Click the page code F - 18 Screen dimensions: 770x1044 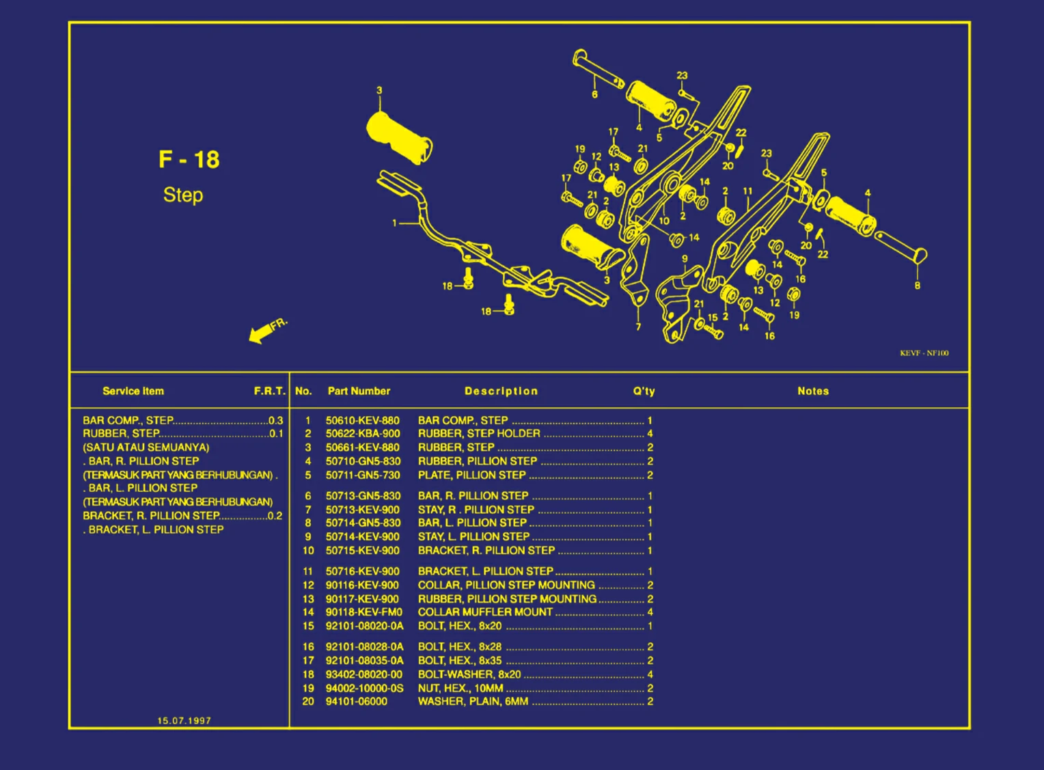[x=189, y=160]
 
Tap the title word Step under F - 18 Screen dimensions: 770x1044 [x=183, y=195]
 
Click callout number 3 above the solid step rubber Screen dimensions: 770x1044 [x=379, y=90]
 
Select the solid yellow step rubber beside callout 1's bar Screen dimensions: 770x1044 [x=398, y=137]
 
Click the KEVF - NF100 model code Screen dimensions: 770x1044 [x=924, y=353]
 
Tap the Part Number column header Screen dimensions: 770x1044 [x=359, y=391]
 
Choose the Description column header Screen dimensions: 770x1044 [x=501, y=391]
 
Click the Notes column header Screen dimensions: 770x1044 [x=812, y=391]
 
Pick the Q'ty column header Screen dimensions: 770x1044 [x=644, y=391]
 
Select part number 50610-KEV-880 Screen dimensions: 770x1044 [x=362, y=421]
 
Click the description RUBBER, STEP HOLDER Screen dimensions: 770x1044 [x=479, y=434]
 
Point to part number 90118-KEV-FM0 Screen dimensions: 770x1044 [x=363, y=612]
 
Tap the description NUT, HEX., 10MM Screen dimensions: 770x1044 [x=461, y=688]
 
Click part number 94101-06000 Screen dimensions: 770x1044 [x=356, y=702]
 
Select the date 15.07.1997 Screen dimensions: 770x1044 [x=184, y=721]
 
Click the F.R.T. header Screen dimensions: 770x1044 [x=269, y=391]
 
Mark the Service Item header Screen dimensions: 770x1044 [x=133, y=391]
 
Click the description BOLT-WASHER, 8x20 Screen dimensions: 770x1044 [x=469, y=674]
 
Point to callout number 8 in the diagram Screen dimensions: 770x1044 [x=917, y=286]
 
